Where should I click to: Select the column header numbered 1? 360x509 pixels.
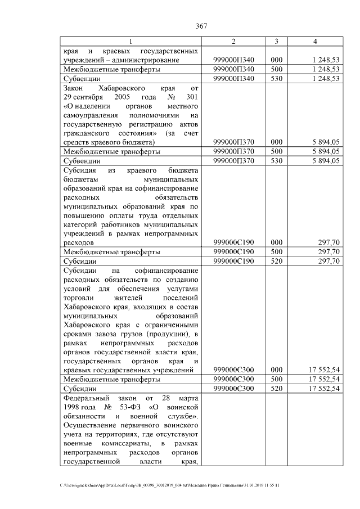point(130,42)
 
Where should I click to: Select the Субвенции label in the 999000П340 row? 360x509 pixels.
point(82,79)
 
